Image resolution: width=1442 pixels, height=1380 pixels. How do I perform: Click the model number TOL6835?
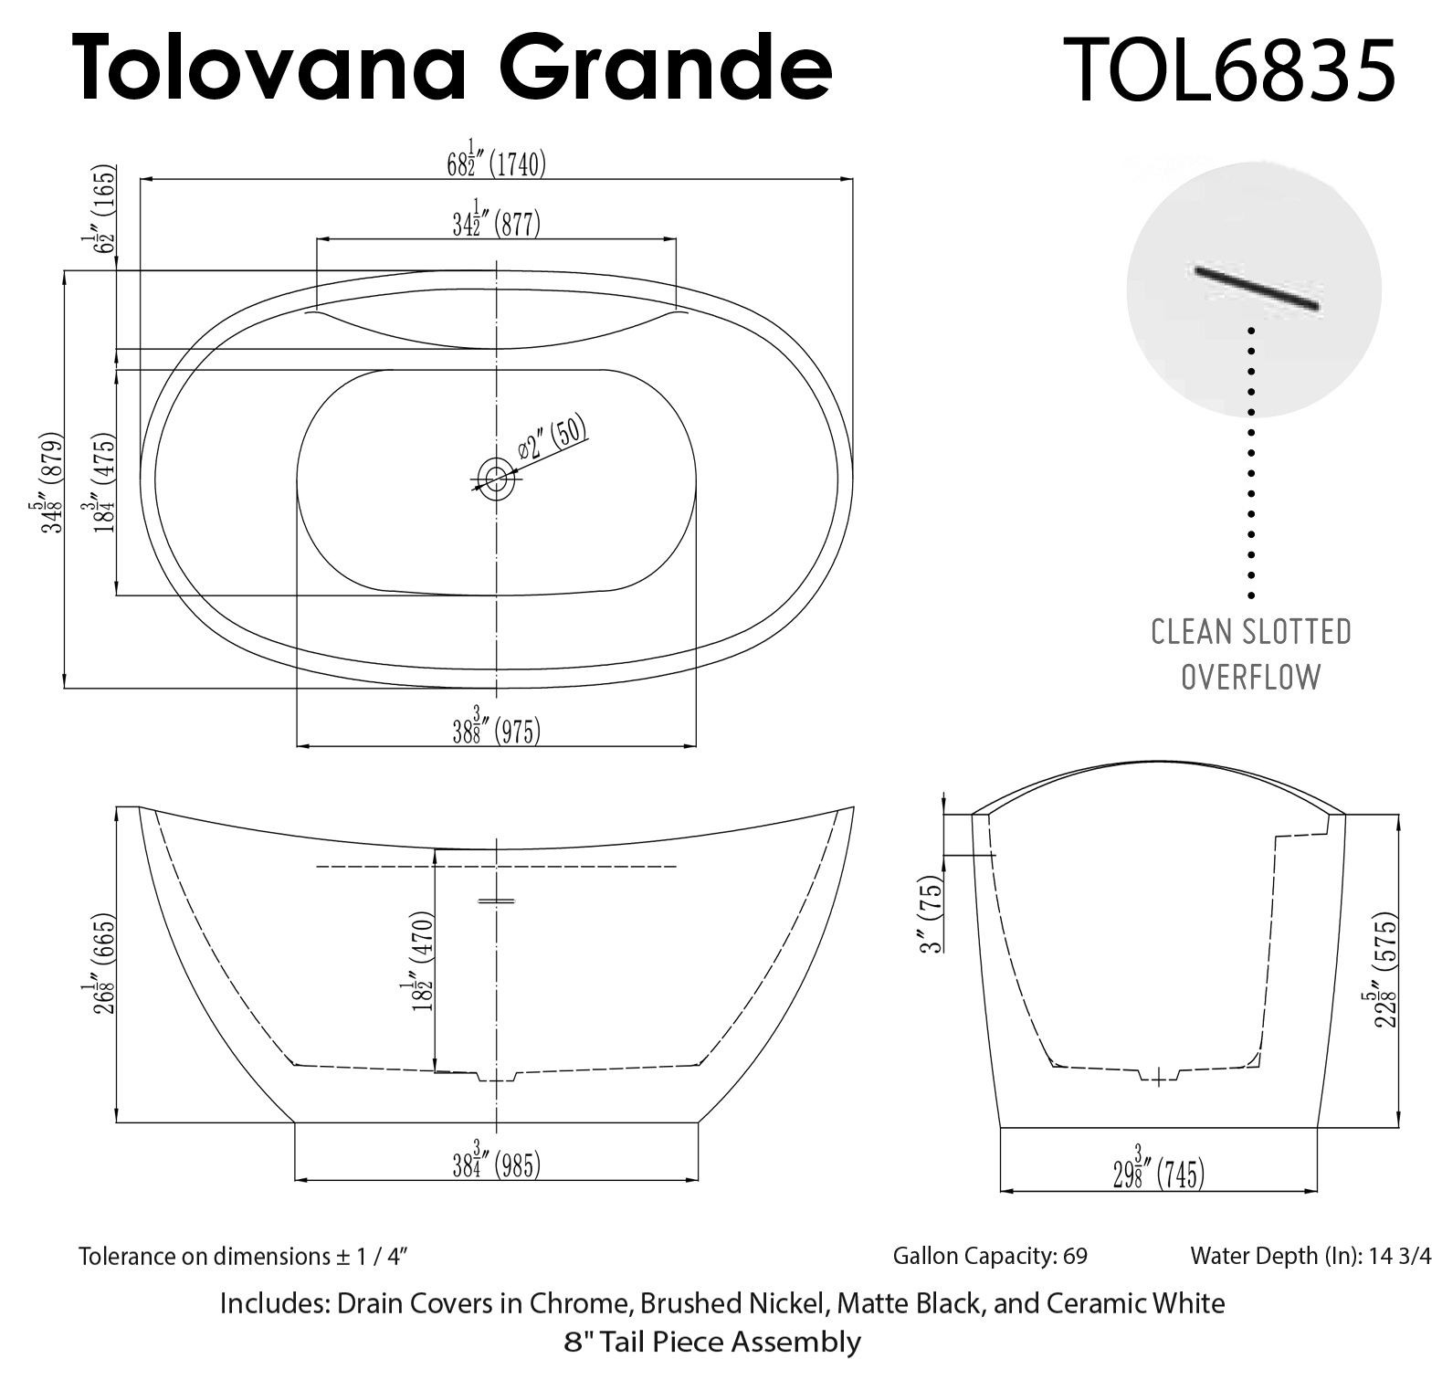point(1234,69)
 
